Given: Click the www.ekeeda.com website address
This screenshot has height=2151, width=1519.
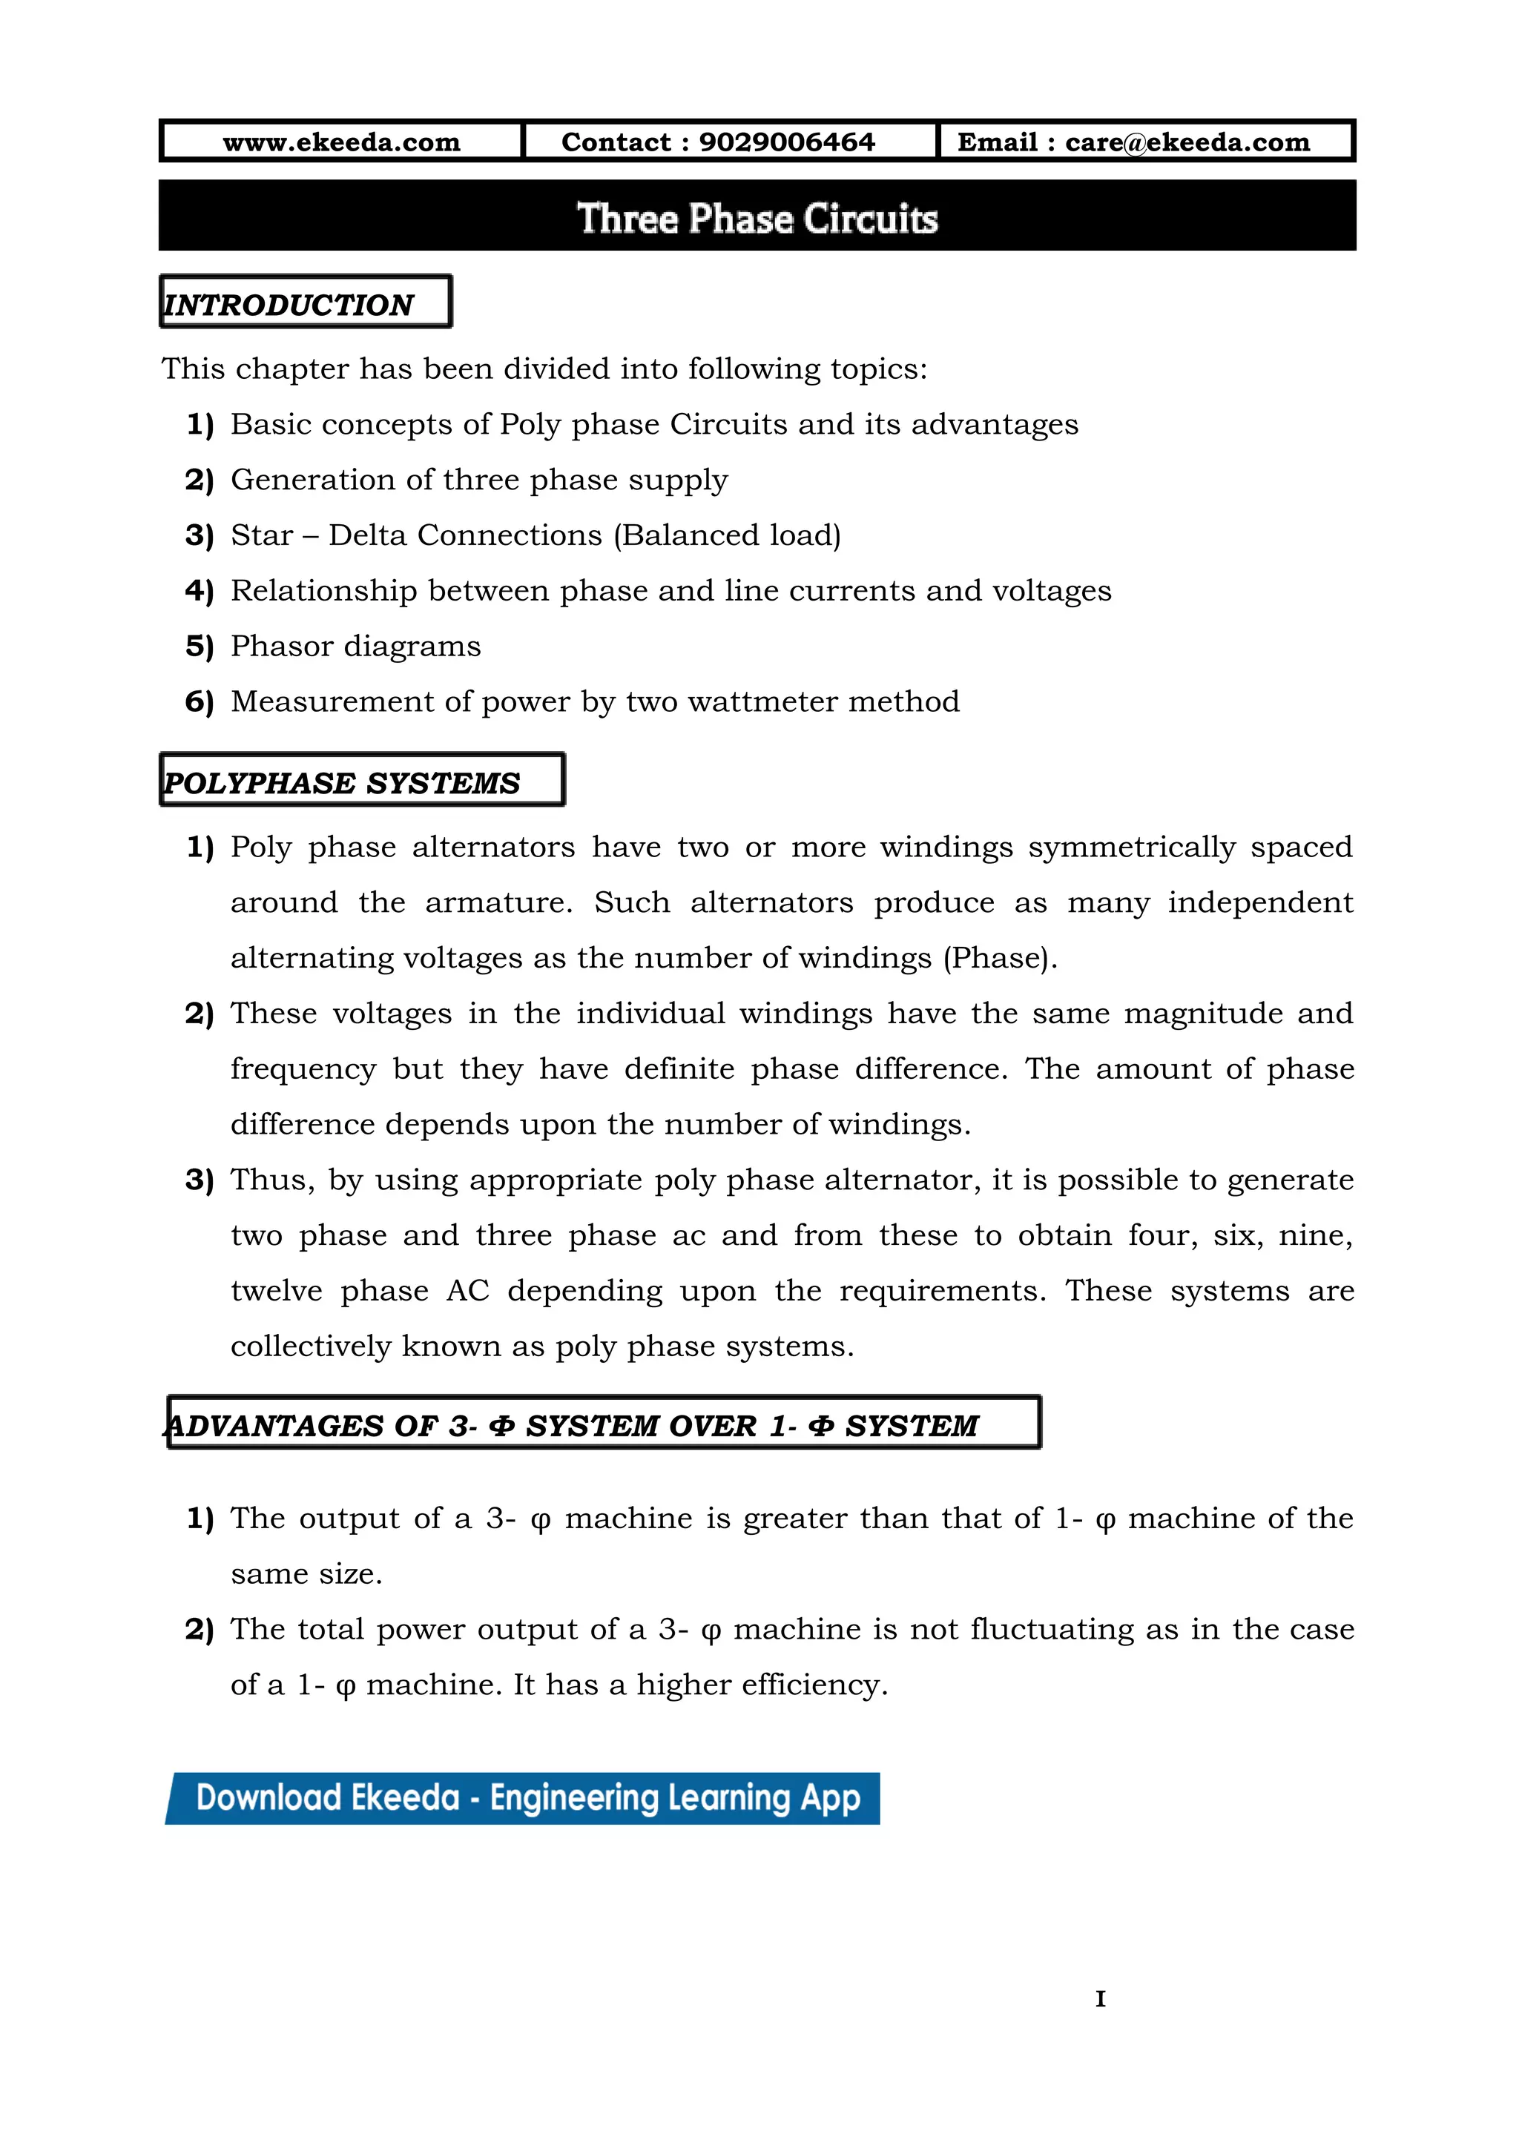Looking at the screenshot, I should tap(341, 142).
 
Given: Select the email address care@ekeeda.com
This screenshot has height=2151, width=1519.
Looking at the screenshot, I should tap(1187, 142).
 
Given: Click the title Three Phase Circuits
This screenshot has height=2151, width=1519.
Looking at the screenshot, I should tap(757, 218).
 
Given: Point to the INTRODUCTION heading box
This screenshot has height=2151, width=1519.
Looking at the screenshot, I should tap(306, 303).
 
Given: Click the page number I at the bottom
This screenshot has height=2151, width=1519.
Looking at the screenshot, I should tap(1100, 1998).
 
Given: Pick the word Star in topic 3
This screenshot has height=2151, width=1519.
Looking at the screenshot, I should tap(261, 535).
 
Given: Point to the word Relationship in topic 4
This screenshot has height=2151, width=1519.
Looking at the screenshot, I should tap(323, 591).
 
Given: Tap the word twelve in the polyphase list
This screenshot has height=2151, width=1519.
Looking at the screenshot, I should tap(277, 1291).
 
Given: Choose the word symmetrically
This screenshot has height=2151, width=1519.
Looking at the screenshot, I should tap(1132, 847).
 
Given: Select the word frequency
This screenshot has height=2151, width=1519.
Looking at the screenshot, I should tap(303, 1069).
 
